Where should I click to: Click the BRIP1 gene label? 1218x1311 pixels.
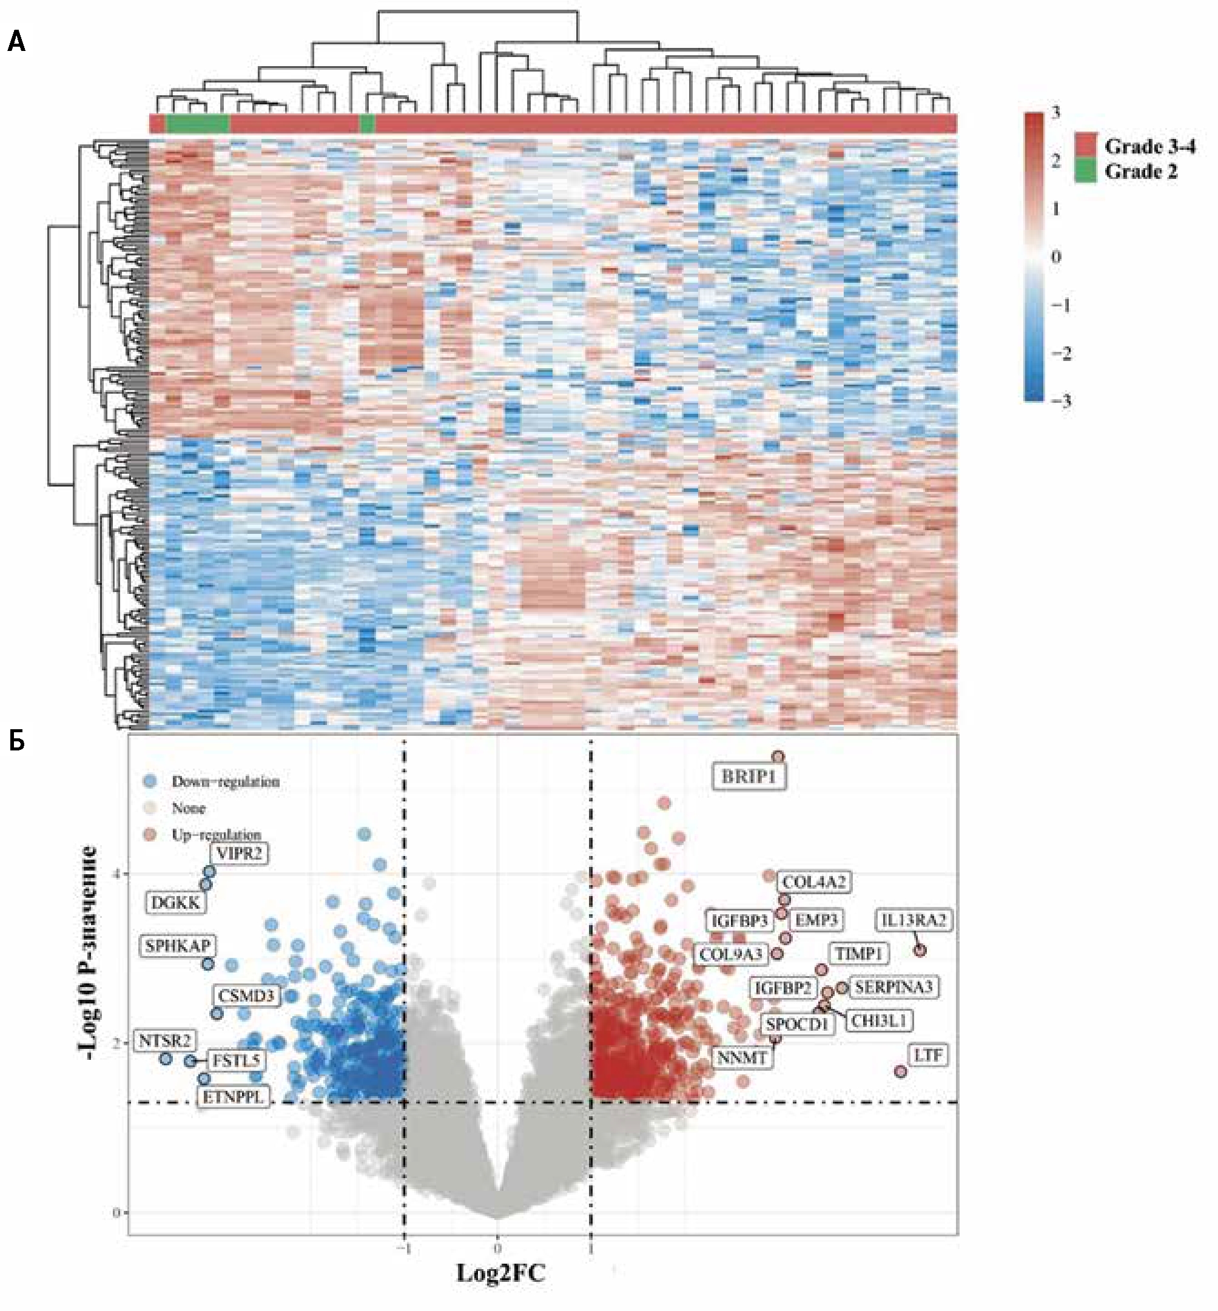pos(749,777)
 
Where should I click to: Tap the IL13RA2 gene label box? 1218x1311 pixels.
pos(913,920)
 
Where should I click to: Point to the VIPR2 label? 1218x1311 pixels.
pos(239,854)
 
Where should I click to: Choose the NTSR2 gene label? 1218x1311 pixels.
pos(165,1041)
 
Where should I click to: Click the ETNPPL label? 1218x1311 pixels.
pos(234,1097)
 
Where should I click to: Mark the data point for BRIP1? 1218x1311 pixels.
pos(778,757)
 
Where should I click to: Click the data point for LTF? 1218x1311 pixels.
pos(900,1072)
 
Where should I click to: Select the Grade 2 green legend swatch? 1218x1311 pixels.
pos(1086,172)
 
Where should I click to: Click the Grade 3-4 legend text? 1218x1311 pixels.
pos(1149,146)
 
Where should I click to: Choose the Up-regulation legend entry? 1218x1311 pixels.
pos(216,834)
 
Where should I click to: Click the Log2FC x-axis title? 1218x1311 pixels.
pos(500,1272)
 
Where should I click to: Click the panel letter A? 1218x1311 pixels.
pos(16,43)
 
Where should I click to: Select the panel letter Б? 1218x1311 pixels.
pos(16,741)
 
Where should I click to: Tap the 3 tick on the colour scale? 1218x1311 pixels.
pos(1056,113)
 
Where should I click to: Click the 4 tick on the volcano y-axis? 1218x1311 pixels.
pos(118,874)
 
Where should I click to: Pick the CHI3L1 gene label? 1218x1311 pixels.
pos(879,1021)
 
